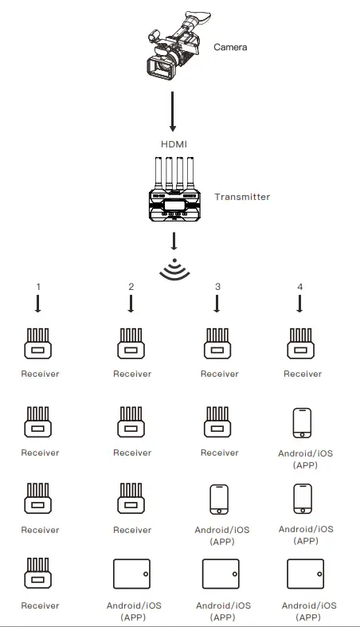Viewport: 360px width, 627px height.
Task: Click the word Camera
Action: (x=230, y=47)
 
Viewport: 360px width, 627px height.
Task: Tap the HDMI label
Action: (x=174, y=144)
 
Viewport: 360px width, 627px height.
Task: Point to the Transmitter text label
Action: (x=242, y=197)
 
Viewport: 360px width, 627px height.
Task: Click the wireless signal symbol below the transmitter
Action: (x=174, y=271)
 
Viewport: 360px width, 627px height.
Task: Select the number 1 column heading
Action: (x=38, y=286)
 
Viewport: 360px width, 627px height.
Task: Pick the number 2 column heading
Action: (x=131, y=286)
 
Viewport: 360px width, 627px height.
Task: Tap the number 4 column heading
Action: (x=299, y=286)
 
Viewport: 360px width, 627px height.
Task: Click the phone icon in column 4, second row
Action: (x=302, y=422)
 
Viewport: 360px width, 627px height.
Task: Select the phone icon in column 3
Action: (x=218, y=500)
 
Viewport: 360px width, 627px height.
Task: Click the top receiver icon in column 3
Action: (x=219, y=344)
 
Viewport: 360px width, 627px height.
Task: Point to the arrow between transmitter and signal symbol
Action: (x=174, y=241)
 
